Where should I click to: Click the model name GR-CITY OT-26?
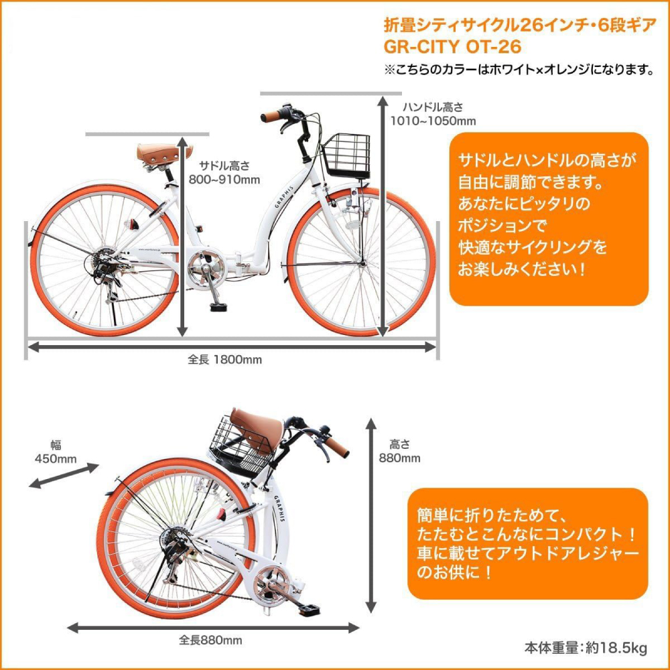pos(452,47)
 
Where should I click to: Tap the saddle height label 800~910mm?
pos(224,180)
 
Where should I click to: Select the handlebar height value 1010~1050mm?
pos(433,121)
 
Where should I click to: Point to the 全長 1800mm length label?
pos(224,359)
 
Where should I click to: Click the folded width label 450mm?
pos(56,459)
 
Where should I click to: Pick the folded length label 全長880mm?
pos(210,640)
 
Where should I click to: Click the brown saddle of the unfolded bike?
pos(163,153)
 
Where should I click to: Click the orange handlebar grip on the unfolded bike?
pos(270,116)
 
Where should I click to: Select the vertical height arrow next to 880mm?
pos(371,515)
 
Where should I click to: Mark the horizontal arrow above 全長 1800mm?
pos(232,347)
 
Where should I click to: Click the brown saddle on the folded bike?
pos(257,430)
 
